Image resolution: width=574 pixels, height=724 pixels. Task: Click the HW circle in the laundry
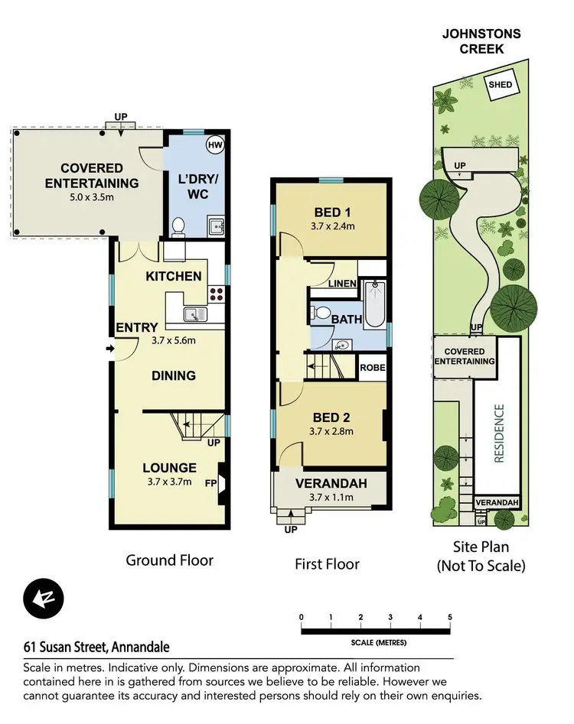(214, 144)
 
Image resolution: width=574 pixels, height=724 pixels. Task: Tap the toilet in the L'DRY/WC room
(178, 226)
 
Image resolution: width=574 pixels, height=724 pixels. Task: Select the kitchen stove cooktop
(216, 291)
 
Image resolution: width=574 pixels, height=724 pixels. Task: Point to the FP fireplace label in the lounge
(210, 483)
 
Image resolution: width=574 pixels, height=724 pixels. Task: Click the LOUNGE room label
(169, 468)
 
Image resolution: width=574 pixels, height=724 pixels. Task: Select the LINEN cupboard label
(342, 284)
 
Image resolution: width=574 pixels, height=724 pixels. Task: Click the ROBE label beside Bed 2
(372, 368)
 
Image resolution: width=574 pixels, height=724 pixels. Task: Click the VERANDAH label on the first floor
(331, 483)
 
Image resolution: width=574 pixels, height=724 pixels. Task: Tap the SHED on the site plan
(501, 85)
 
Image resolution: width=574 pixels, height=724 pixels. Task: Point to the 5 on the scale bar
(450, 617)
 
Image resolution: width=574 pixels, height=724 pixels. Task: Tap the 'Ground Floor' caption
(169, 560)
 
